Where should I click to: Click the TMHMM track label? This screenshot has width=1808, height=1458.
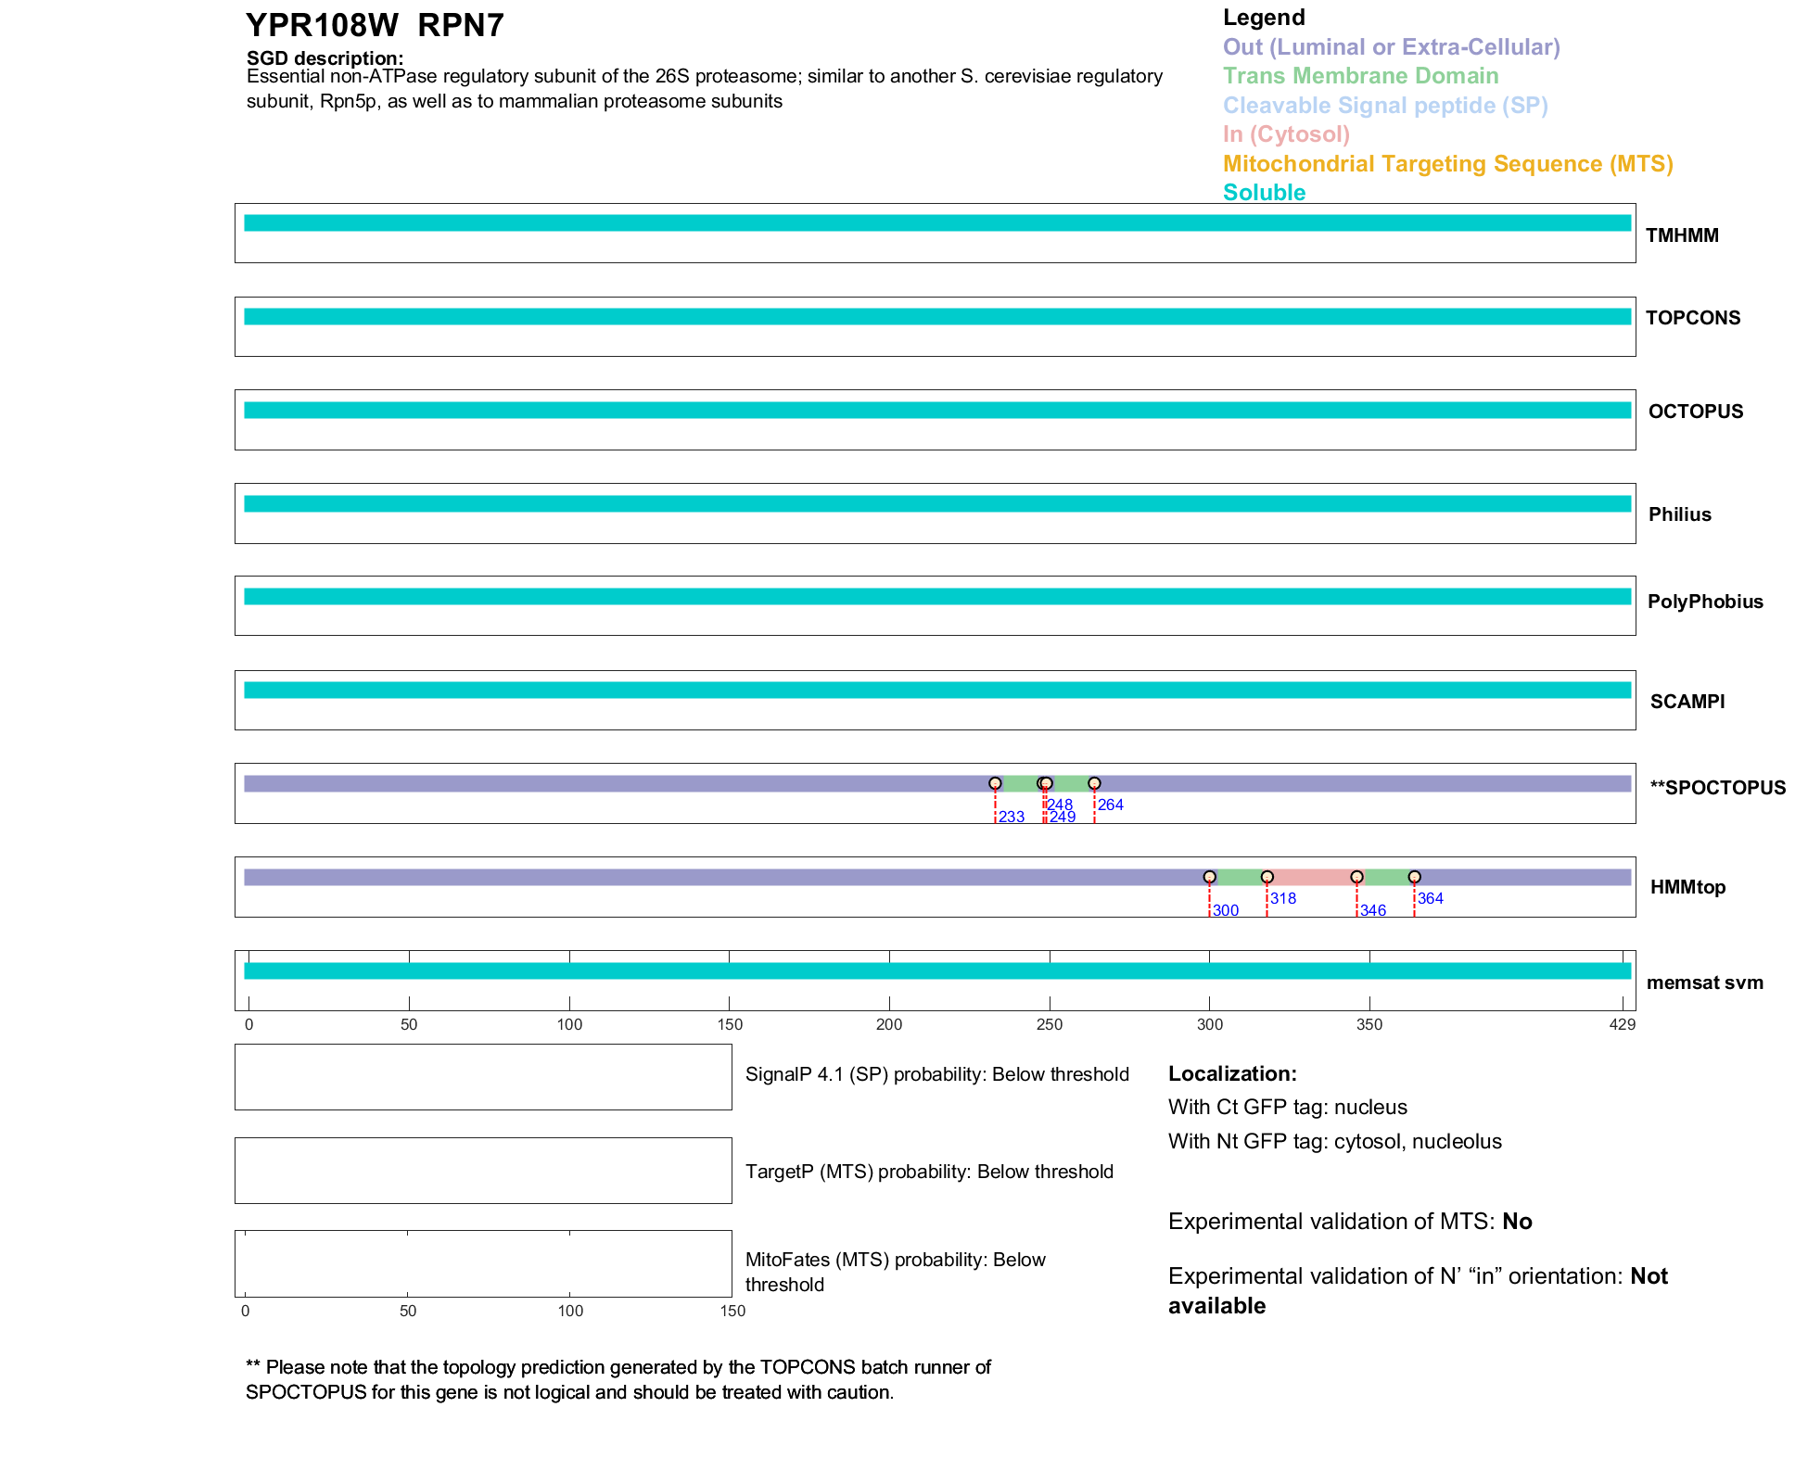pyautogui.click(x=1681, y=235)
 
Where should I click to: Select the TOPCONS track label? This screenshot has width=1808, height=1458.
pyautogui.click(x=1692, y=318)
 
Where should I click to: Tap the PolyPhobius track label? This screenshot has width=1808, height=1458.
pyautogui.click(x=1704, y=602)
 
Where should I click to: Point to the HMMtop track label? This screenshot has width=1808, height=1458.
pyautogui.click(x=1687, y=887)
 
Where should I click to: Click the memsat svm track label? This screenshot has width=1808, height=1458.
pyautogui.click(x=1704, y=983)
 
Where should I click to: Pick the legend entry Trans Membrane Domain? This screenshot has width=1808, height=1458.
pyautogui.click(x=1360, y=76)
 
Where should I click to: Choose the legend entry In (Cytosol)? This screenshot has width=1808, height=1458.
pyautogui.click(x=1286, y=134)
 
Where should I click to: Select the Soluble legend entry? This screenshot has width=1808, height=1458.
pyautogui.click(x=1264, y=193)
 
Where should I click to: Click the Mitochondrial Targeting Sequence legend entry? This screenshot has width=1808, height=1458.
pyautogui.click(x=1447, y=164)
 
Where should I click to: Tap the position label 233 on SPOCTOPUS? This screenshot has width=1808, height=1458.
pyautogui.click(x=1011, y=817)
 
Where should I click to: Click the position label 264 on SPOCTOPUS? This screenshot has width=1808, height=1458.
pyautogui.click(x=1110, y=805)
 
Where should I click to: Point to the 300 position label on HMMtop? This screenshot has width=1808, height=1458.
pyautogui.click(x=1225, y=910)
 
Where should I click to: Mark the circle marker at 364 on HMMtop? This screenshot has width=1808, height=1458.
pyautogui.click(x=1414, y=877)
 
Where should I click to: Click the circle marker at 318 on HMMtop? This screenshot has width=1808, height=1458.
pyautogui.click(x=1267, y=877)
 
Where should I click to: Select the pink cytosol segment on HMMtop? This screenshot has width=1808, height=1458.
pyautogui.click(x=1311, y=878)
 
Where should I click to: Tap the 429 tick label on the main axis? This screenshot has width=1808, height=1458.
pyautogui.click(x=1622, y=1024)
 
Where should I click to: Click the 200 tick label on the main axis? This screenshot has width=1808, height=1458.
pyautogui.click(x=888, y=1024)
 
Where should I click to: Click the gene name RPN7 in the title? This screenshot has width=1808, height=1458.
pyautogui.click(x=461, y=26)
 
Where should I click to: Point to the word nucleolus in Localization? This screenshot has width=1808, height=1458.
pyautogui.click(x=1457, y=1141)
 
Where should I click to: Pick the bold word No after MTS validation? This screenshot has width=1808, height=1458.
pyautogui.click(x=1517, y=1222)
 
